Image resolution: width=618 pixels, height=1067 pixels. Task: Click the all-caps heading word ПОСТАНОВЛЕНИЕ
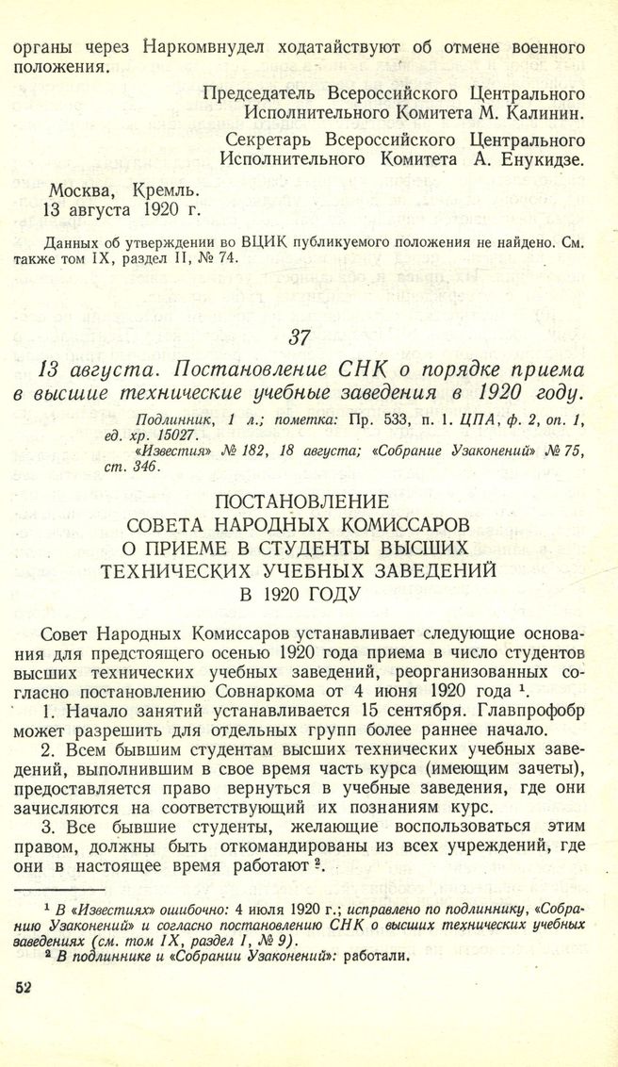[309, 503]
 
